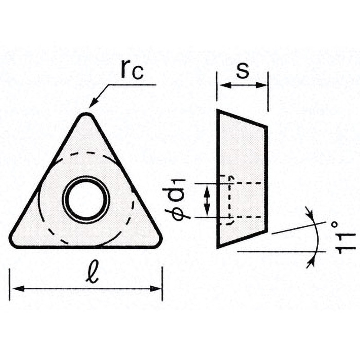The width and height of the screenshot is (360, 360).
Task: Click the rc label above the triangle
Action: click(132, 70)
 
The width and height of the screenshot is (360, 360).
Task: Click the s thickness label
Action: click(243, 70)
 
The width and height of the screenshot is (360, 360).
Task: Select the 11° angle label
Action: click(343, 238)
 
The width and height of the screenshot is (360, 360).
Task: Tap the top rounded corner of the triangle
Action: click(86, 115)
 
